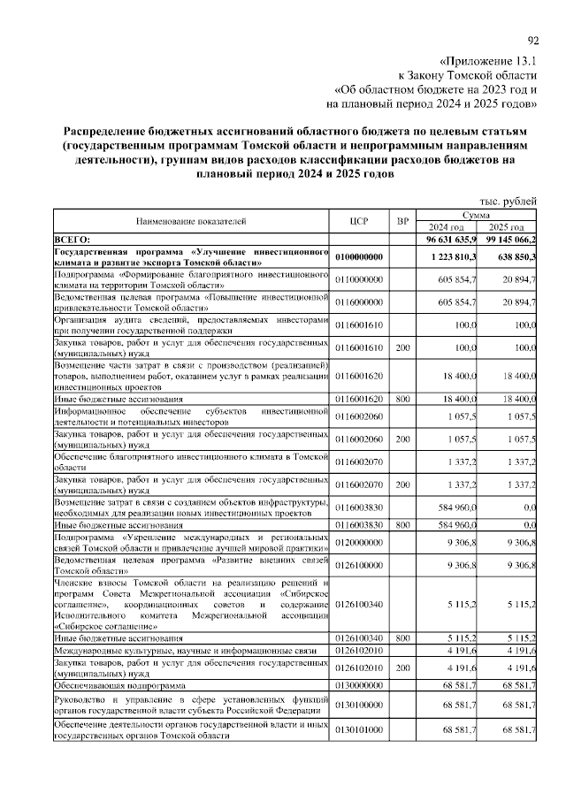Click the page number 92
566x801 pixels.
coord(532,40)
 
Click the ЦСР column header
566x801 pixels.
coord(358,220)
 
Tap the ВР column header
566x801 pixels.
coord(403,220)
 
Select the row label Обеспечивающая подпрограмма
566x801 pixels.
coord(120,685)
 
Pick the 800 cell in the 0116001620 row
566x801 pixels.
coord(403,399)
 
